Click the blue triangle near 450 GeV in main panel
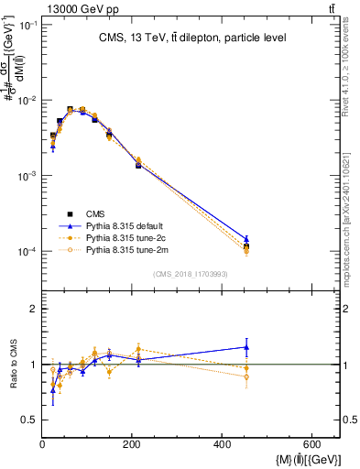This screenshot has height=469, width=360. tap(246, 238)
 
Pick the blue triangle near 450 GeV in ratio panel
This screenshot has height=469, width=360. tap(246, 347)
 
